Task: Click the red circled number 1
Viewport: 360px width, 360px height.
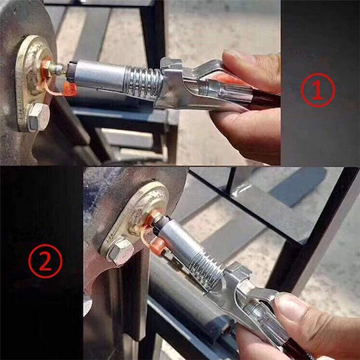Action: coord(318,90)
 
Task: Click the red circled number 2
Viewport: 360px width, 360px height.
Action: coord(45,261)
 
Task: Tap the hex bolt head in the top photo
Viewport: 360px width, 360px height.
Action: coord(38,117)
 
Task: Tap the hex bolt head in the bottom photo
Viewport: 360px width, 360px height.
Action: coord(120,251)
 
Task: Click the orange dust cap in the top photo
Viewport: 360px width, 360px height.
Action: coord(69,89)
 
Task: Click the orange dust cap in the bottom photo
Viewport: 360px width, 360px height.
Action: coord(157,245)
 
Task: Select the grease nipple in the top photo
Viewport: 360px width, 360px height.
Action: coord(53,68)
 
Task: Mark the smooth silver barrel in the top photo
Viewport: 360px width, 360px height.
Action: coord(99,74)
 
